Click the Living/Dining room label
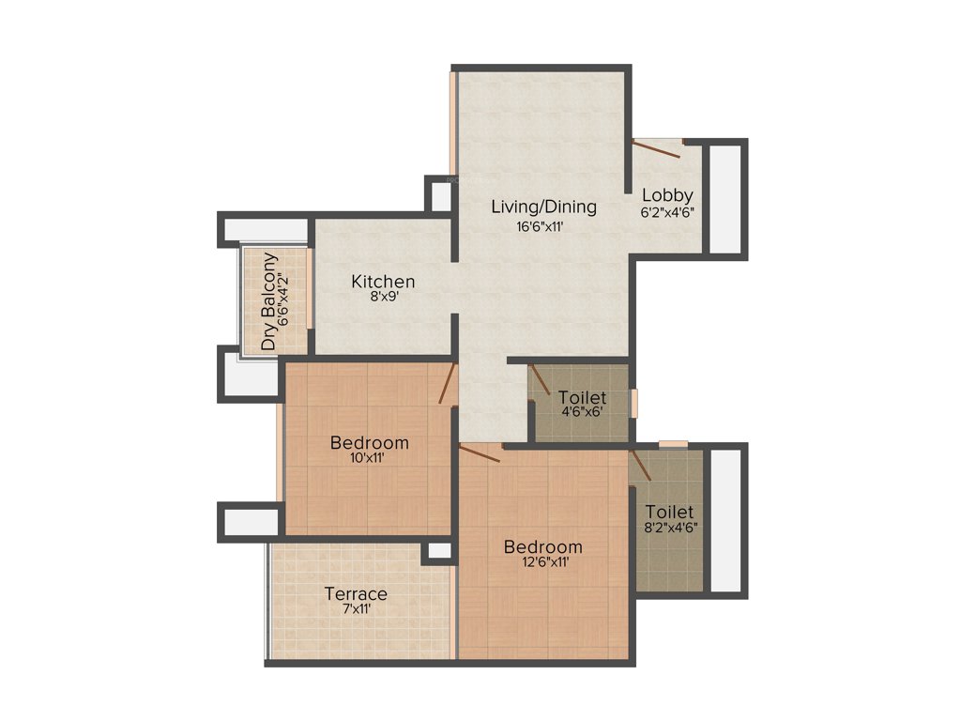[x=543, y=207]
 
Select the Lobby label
[x=667, y=195]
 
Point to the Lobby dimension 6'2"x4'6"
[x=667, y=212]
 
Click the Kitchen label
[x=383, y=281]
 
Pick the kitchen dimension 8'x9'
[x=383, y=298]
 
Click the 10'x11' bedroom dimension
[x=369, y=459]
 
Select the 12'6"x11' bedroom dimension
[x=542, y=563]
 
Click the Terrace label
[x=356, y=593]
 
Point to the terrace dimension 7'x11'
[x=356, y=609]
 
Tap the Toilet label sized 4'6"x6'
[x=582, y=398]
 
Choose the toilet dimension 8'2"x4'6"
[x=670, y=529]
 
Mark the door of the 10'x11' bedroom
[x=449, y=384]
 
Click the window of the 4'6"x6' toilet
[x=633, y=403]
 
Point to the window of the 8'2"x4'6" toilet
[x=673, y=443]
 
